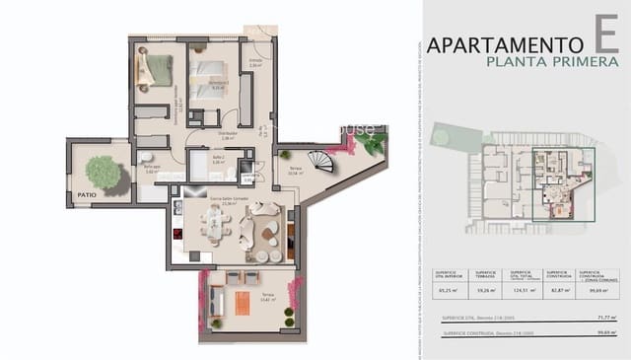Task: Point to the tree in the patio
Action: click(x=103, y=172)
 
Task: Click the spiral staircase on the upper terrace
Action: click(x=321, y=160)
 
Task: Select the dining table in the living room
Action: click(x=216, y=228)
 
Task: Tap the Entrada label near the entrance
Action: click(x=255, y=62)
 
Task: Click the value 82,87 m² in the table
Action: click(x=558, y=290)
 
